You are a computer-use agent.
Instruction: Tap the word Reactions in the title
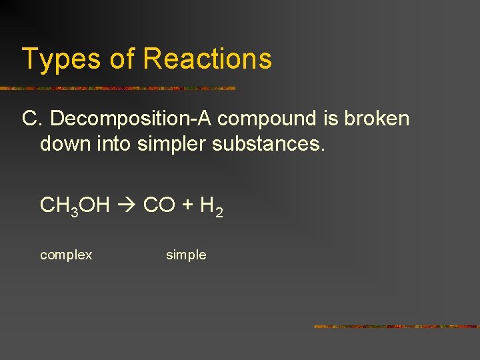pos(207,59)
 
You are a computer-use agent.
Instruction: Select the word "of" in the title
pos(121,59)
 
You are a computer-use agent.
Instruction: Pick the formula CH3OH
pos(75,205)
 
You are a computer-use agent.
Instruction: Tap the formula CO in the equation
pos(159,205)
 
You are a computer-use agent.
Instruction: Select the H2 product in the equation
pos(210,206)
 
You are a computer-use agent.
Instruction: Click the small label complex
pos(66,255)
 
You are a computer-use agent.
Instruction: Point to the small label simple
pos(186,255)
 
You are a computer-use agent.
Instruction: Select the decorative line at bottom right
pos(396,327)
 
